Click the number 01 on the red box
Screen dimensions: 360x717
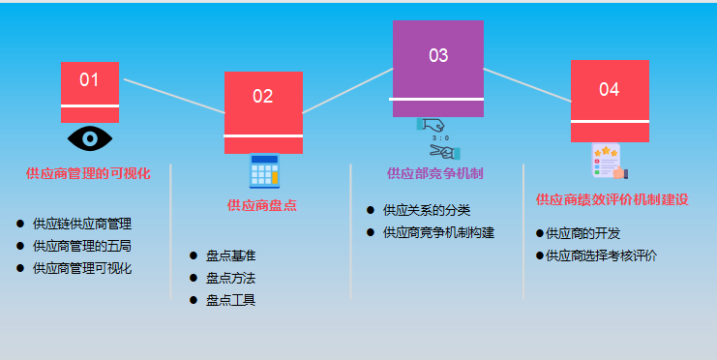pyautogui.click(x=89, y=79)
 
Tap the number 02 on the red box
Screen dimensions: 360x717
pyautogui.click(x=263, y=96)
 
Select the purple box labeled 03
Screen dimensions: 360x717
pyautogui.click(x=437, y=68)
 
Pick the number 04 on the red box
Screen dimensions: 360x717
pyautogui.click(x=609, y=89)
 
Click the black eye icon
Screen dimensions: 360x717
pyautogui.click(x=90, y=138)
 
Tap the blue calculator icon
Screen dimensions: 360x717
pyautogui.click(x=263, y=170)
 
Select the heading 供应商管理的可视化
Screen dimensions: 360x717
pyautogui.click(x=88, y=174)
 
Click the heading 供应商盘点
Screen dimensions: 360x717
pyautogui.click(x=261, y=205)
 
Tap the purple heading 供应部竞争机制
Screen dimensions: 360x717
pyautogui.click(x=434, y=174)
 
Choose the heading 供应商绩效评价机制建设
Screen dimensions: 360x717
pyautogui.click(x=612, y=199)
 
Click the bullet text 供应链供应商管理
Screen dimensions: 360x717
pyautogui.click(x=81, y=224)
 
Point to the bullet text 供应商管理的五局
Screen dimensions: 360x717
pyautogui.click(x=81, y=246)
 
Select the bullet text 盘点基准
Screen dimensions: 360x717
pyautogui.click(x=230, y=255)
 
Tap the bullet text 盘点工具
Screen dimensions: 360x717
pyautogui.click(x=230, y=300)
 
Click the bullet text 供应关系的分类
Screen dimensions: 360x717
pyautogui.click(x=426, y=210)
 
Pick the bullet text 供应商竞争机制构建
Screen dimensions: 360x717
pyautogui.click(x=438, y=232)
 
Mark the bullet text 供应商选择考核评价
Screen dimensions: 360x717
pyautogui.click(x=601, y=255)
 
